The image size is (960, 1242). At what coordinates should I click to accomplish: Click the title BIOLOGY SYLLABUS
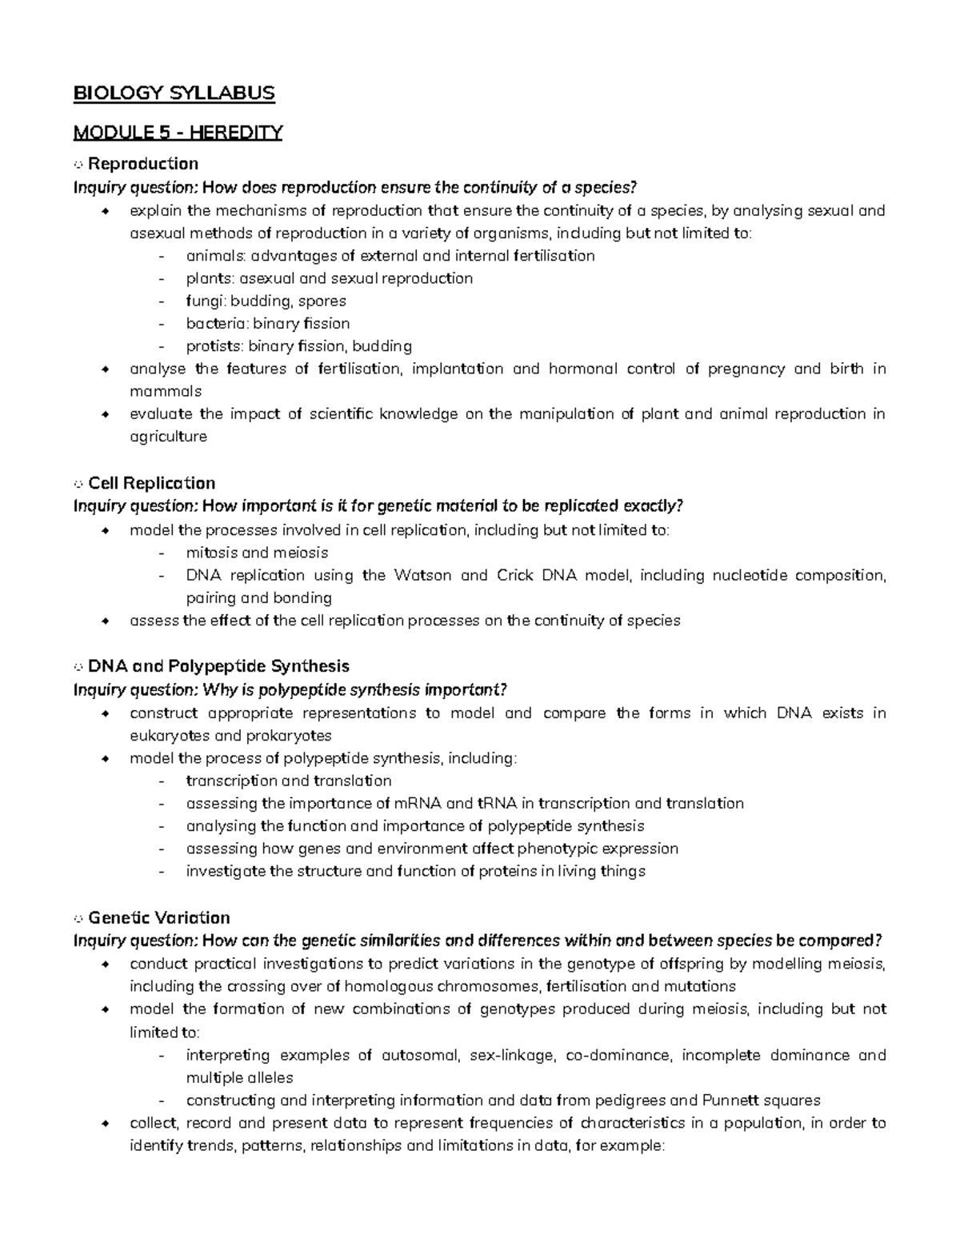174,94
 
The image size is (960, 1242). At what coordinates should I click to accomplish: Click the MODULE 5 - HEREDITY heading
178,132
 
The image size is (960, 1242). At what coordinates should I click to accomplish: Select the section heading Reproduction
142,164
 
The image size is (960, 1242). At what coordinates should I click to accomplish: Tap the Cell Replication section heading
151,483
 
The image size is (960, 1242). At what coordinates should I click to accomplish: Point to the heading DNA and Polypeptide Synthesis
218,666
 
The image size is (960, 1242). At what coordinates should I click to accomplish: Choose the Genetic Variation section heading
158,917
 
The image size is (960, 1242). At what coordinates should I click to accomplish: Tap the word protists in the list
214,346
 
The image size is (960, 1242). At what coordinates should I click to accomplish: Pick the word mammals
166,392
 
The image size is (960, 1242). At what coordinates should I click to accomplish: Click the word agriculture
168,437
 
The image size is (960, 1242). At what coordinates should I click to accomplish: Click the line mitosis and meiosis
257,553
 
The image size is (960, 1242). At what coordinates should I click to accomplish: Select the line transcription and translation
289,781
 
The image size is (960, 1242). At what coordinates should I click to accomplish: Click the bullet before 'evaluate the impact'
104,414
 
